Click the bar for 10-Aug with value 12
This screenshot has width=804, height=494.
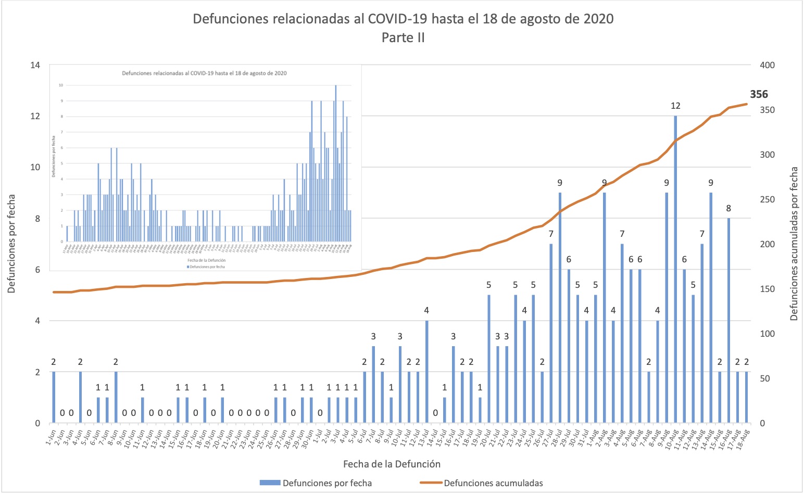(675, 271)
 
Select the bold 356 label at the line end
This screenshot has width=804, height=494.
(759, 94)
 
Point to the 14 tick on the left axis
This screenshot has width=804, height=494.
(35, 65)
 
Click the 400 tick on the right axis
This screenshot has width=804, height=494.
(767, 65)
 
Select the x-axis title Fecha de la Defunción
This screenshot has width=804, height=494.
(392, 464)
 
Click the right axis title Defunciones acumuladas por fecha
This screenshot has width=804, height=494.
(794, 244)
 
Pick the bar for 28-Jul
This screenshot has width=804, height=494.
(560, 307)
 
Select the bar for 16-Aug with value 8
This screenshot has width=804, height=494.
(728, 320)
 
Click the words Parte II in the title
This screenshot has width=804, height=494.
(403, 37)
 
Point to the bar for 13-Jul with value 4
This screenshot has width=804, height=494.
(427, 372)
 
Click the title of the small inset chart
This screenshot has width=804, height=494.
(204, 73)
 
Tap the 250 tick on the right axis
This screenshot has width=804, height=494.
(767, 199)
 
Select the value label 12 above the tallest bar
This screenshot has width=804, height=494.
(675, 106)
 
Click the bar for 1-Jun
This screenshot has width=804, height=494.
(54, 397)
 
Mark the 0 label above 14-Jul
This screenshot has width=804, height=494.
(435, 413)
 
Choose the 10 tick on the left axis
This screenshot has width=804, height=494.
(35, 167)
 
